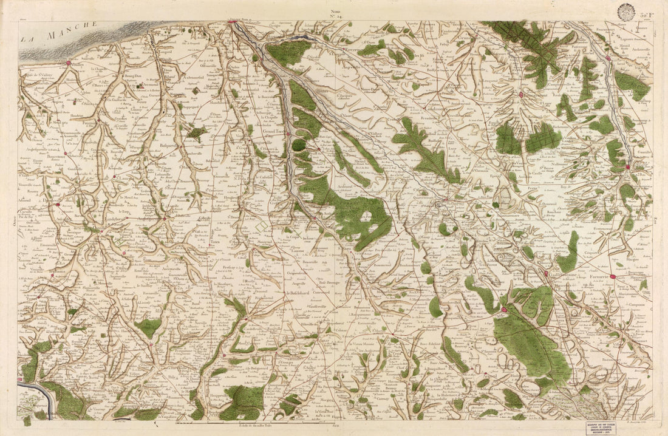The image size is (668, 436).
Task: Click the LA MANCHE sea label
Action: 60,32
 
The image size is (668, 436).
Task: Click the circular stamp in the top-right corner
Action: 625,10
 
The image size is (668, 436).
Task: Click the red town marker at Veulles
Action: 68,63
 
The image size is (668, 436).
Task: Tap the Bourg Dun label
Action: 133,76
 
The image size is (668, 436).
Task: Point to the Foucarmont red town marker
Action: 521,95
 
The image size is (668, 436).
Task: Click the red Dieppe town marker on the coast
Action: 233,23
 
